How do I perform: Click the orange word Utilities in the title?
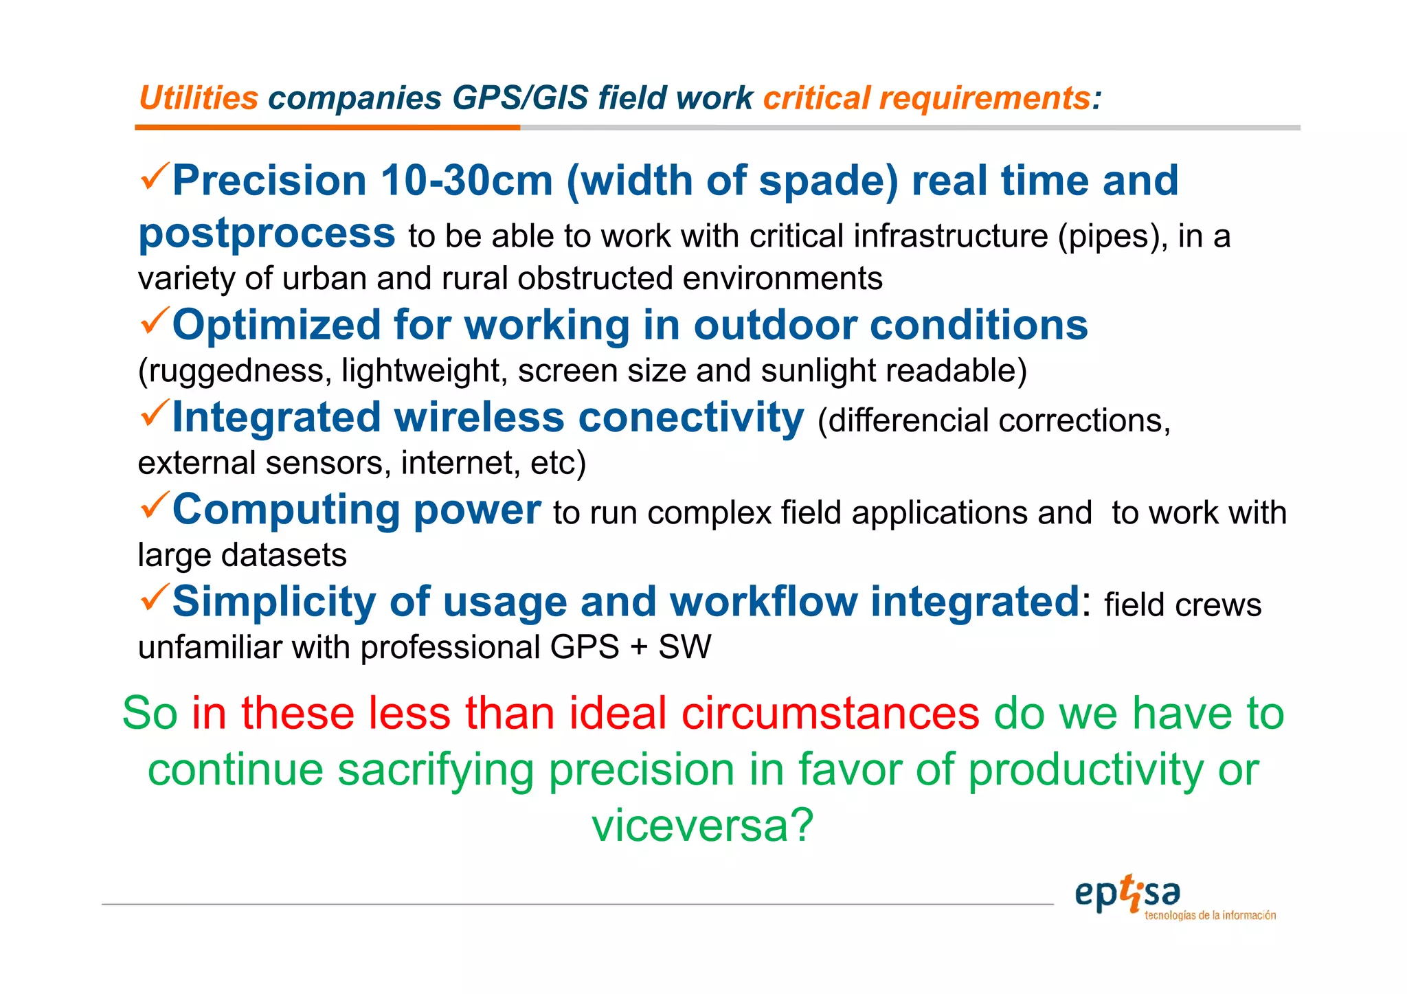point(198,98)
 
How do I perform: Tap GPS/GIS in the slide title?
point(520,98)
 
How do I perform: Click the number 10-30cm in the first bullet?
point(466,181)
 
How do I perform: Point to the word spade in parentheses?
point(827,181)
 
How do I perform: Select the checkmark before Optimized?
point(154,321)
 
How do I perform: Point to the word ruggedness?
point(234,371)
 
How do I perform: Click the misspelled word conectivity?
point(690,418)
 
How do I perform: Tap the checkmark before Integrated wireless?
point(154,413)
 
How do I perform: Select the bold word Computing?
point(286,510)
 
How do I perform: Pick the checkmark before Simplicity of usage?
point(154,597)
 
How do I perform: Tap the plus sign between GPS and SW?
point(638,648)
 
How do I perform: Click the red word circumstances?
point(830,713)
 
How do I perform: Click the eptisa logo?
point(1140,896)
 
